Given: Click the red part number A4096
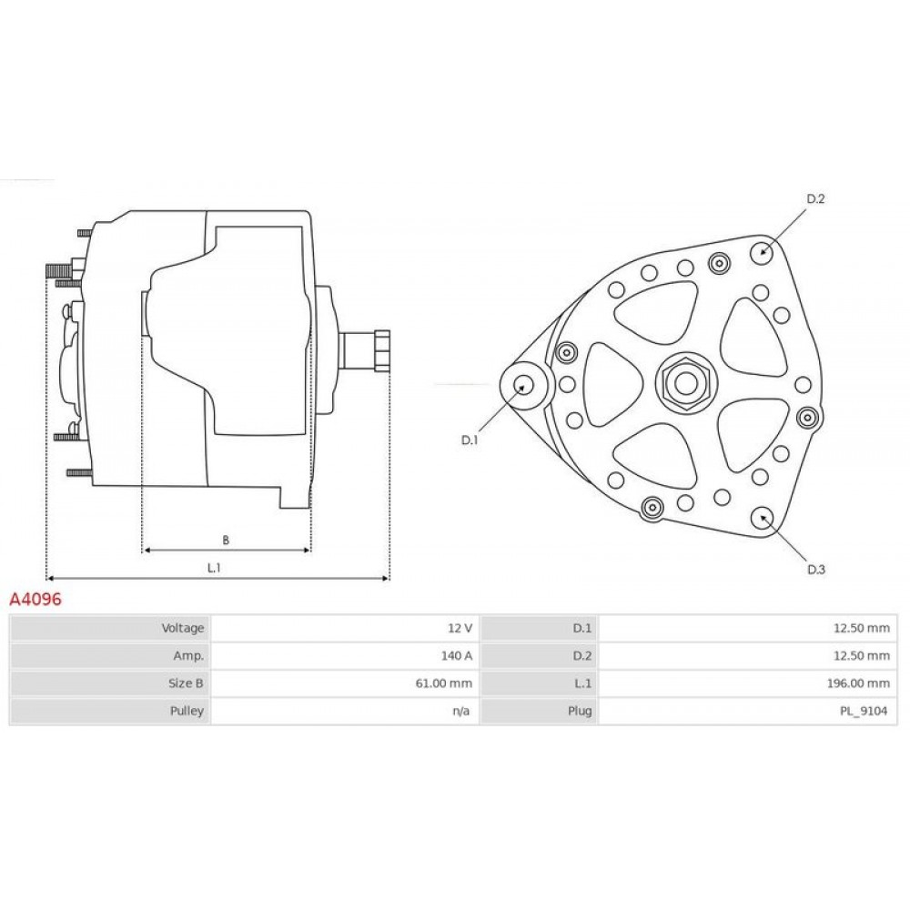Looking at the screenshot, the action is [x=35, y=599].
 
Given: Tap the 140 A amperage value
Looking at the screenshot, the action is [x=456, y=656].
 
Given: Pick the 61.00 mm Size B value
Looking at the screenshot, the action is [x=444, y=683].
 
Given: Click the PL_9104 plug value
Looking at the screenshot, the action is [x=864, y=711].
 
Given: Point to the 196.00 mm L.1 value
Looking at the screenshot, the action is [x=858, y=683].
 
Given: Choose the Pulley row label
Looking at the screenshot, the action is [x=187, y=711].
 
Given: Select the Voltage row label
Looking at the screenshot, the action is [x=183, y=628].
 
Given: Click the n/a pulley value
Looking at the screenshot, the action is [x=461, y=711].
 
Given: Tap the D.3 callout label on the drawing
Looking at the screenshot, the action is [x=816, y=570].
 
